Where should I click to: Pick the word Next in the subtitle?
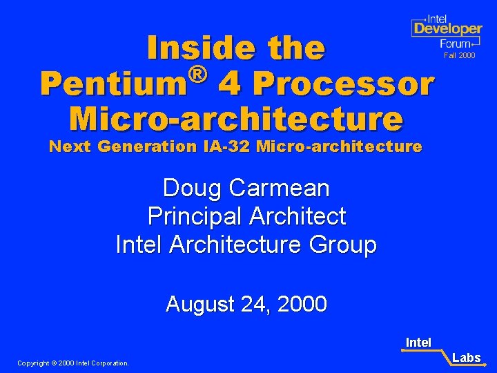[x=71, y=146]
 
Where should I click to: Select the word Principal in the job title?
[x=195, y=216]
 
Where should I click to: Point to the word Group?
[x=342, y=245]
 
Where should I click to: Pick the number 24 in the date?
[x=255, y=304]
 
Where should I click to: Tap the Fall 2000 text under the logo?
[x=459, y=55]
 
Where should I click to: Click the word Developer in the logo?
[x=447, y=29]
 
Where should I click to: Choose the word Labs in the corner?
[x=467, y=358]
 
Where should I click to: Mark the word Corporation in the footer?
[x=108, y=363]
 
